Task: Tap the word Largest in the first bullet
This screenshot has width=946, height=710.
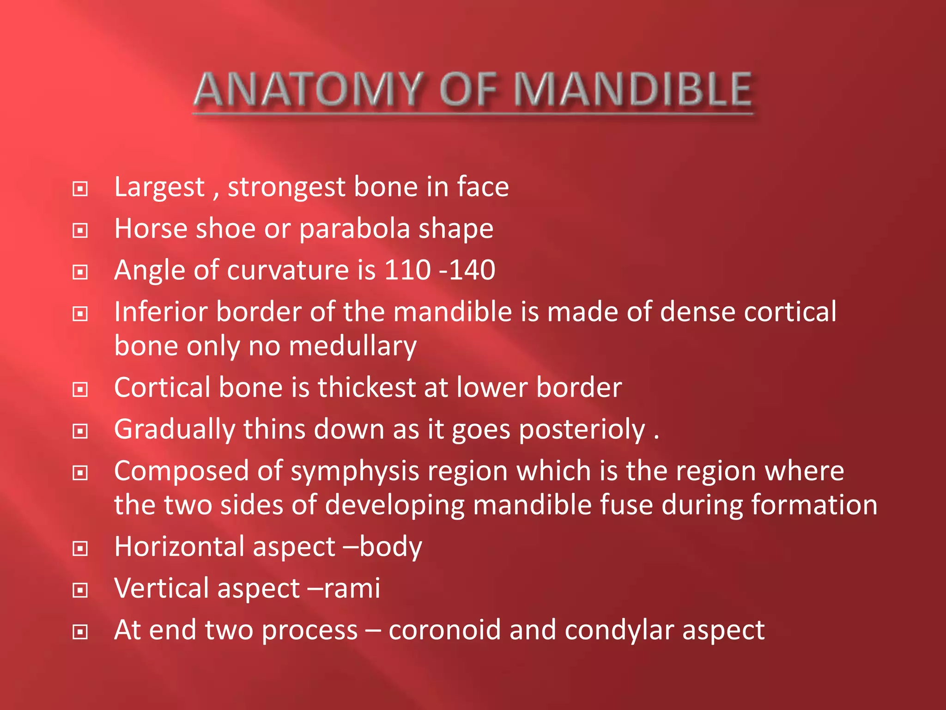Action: click(x=159, y=187)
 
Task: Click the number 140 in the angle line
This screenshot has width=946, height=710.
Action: click(x=472, y=270)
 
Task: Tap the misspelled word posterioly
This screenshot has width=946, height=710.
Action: click(x=582, y=430)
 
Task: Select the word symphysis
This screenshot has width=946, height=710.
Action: click(x=354, y=472)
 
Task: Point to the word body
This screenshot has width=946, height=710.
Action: click(x=391, y=547)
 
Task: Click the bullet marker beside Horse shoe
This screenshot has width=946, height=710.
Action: click(x=80, y=230)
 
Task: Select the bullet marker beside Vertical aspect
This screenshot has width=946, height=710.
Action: click(x=80, y=590)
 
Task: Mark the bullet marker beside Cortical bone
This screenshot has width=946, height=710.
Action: click(x=80, y=390)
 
